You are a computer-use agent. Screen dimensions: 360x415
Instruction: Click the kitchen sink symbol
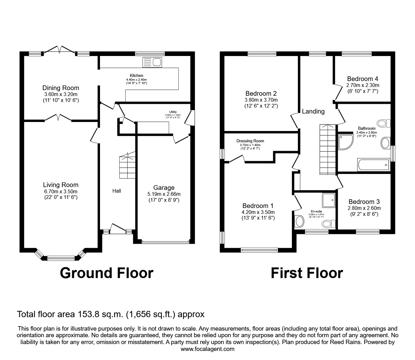152,62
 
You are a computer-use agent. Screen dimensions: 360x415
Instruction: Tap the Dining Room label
61,88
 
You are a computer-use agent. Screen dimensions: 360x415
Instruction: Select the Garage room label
164,188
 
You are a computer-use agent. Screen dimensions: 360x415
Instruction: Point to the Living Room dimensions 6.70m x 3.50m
61,191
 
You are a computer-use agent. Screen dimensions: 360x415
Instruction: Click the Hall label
117,191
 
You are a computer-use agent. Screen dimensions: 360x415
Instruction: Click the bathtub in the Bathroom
373,165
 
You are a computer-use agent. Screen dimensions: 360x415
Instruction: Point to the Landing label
313,111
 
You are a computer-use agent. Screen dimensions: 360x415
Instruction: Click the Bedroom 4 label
362,79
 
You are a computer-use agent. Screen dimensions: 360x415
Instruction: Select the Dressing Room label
250,141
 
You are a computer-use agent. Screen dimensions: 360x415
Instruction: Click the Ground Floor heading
106,273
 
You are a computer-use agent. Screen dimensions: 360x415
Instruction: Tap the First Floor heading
307,273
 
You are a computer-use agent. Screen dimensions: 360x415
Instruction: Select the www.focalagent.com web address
207,349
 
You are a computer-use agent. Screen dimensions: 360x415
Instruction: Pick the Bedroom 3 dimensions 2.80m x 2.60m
364,208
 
